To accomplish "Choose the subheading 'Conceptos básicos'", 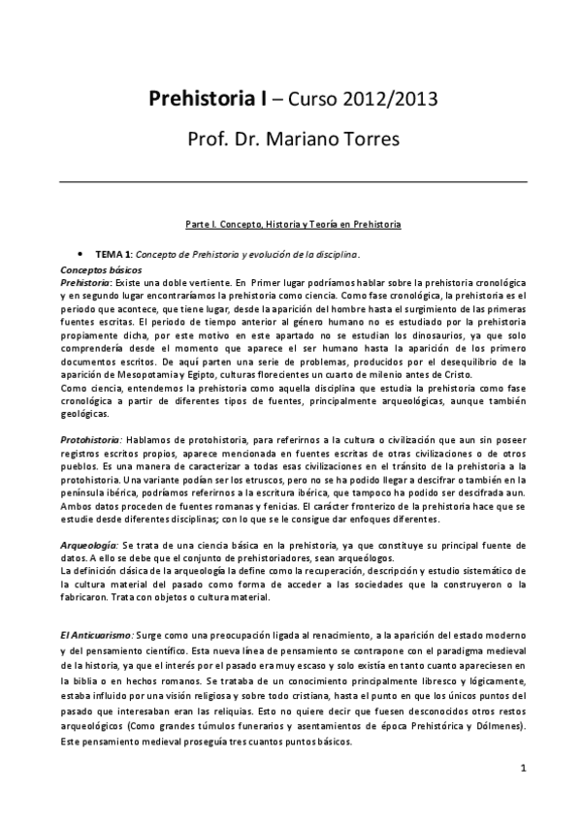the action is click(101, 268).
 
